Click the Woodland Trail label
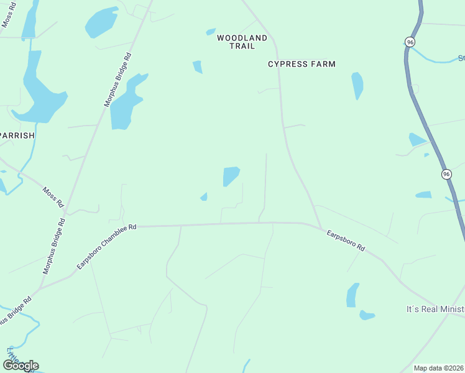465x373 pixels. tap(242, 42)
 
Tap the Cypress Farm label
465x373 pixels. tap(302, 64)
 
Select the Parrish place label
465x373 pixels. tap(16, 135)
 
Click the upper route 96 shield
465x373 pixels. tap(410, 42)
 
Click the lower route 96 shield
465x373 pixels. tap(446, 175)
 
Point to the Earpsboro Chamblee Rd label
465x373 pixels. tap(106, 247)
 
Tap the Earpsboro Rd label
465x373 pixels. tap(345, 241)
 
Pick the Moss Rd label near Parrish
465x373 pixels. tap(53, 197)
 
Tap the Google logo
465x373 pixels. tap(21, 366)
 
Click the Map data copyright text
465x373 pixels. tap(439, 368)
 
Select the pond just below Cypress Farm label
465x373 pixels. tap(357, 85)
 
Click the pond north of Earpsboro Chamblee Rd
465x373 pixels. tap(231, 176)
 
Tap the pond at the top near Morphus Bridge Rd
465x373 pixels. tap(101, 22)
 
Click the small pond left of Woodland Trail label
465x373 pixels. tap(198, 67)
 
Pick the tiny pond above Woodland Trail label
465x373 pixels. tap(211, 32)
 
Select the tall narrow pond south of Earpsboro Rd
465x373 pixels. tap(352, 295)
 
